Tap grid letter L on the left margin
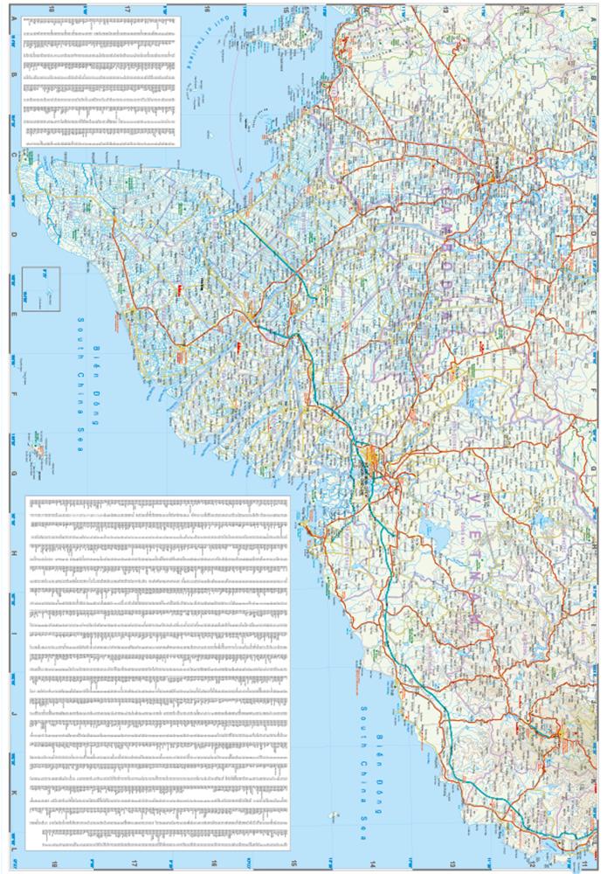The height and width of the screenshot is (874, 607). [14, 849]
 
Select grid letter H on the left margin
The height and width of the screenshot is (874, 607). [14, 557]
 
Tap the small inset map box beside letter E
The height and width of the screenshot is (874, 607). [41, 286]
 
